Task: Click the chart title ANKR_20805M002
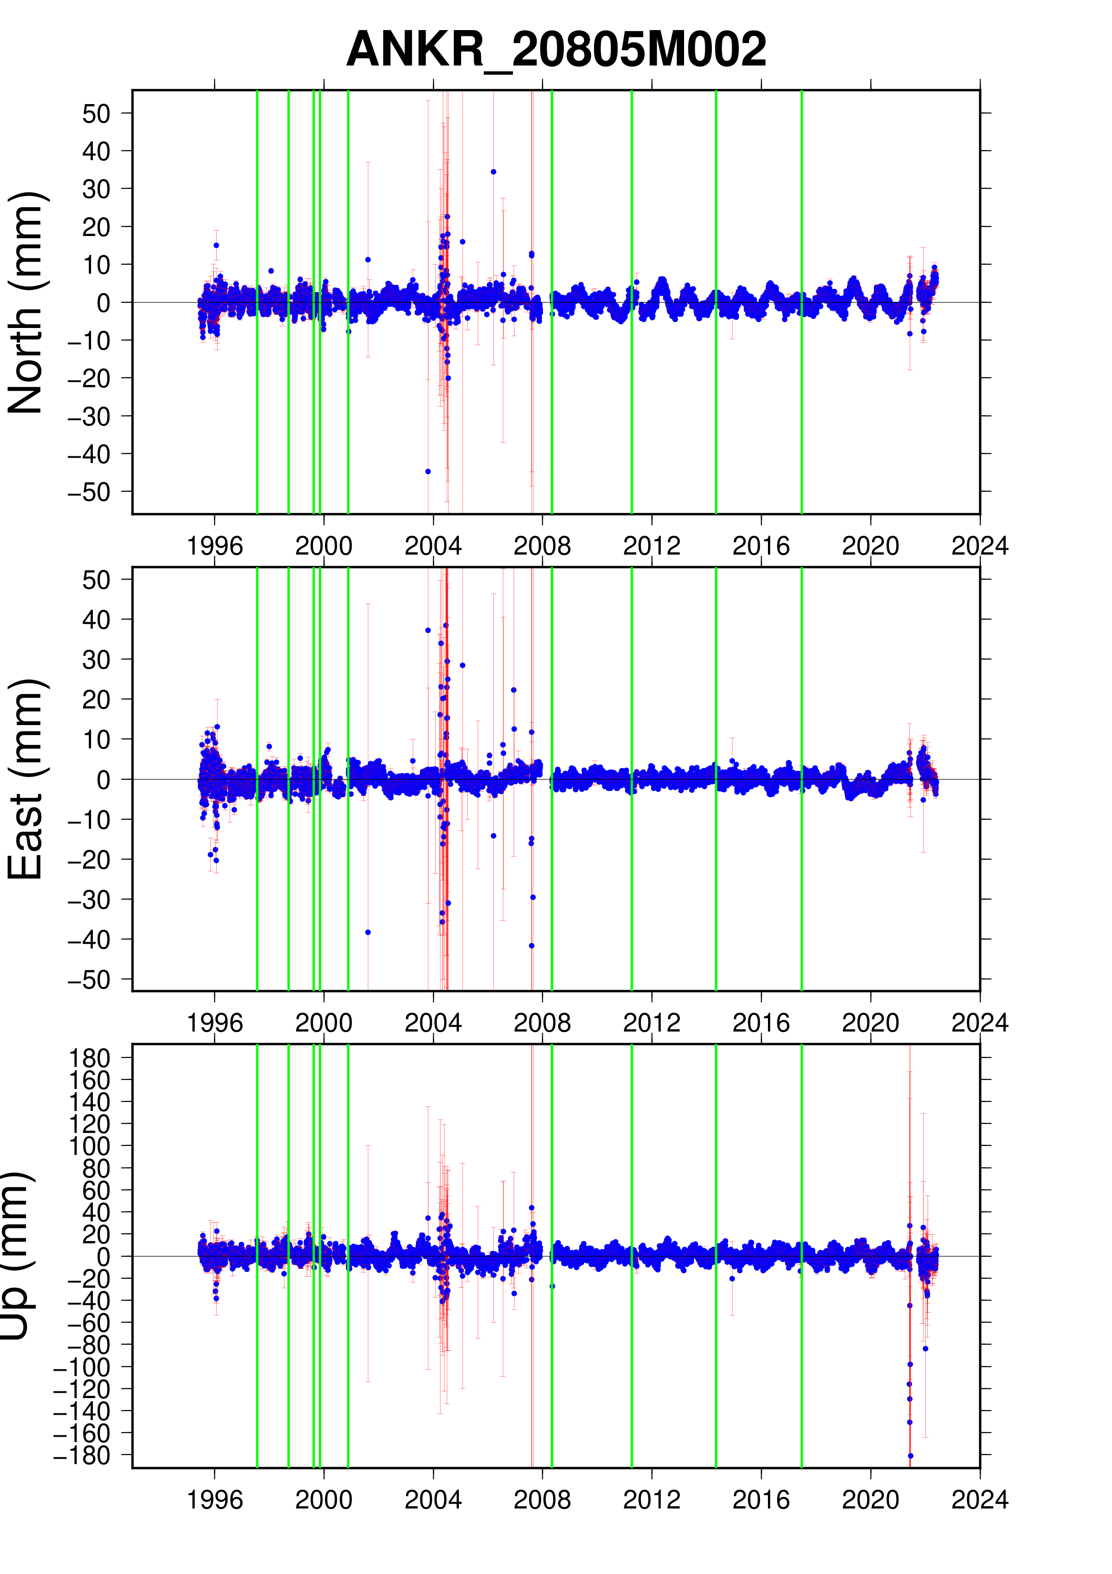[x=556, y=49]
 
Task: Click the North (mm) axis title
[x=26, y=302]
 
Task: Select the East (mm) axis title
[x=26, y=779]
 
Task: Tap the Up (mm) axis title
[x=15, y=1255]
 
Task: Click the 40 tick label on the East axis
[x=96, y=620]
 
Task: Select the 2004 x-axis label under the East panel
[x=433, y=1023]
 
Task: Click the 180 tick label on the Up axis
[x=90, y=1058]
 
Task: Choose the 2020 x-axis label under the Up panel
[x=870, y=1500]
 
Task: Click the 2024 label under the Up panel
[x=979, y=1500]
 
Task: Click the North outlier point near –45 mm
[x=428, y=472]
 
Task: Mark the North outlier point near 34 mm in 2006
[x=493, y=172]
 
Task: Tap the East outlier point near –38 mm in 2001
[x=368, y=932]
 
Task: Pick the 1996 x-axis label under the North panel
[x=214, y=547]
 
